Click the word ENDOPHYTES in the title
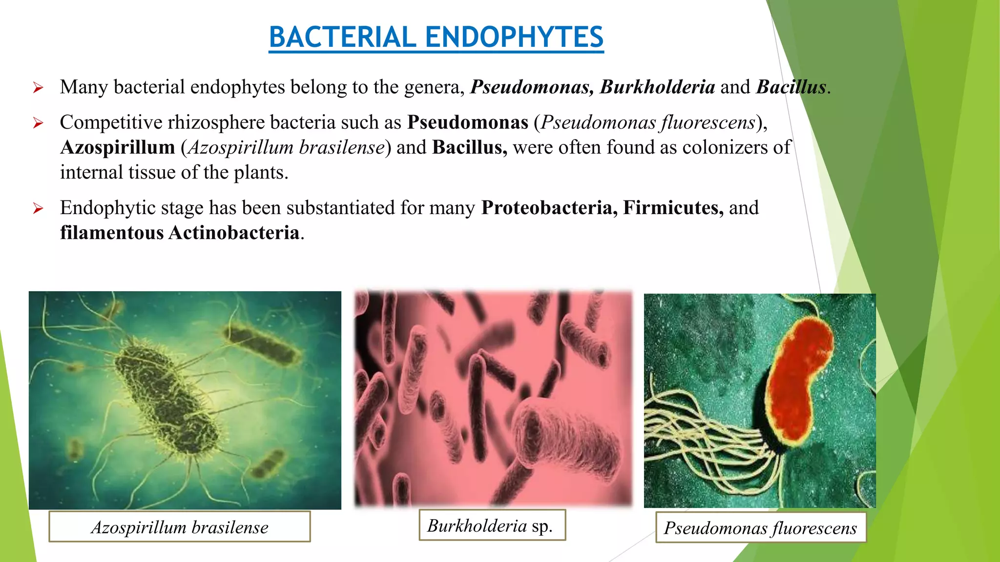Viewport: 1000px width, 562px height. pos(514,37)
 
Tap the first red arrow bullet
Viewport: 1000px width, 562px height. pos(38,88)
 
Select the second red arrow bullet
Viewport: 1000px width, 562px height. pos(38,123)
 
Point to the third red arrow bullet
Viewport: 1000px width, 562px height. pos(38,209)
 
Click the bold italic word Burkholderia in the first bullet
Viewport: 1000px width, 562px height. pos(657,87)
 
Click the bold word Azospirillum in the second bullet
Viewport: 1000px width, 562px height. pos(118,147)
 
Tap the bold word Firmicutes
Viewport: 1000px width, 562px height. pos(673,208)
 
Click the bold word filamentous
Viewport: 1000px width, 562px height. pos(112,233)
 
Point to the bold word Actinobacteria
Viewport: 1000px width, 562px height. pos(234,233)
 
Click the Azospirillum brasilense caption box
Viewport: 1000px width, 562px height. pos(180,527)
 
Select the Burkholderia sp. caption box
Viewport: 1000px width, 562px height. pos(492,525)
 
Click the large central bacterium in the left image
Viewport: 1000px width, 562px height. pos(166,395)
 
